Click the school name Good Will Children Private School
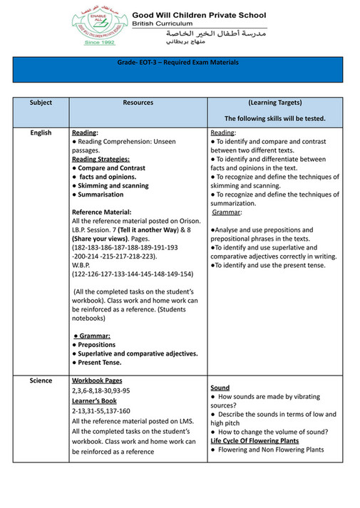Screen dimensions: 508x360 coord(200,14)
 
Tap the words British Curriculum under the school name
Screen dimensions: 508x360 coord(163,24)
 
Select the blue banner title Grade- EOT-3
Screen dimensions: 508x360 coord(178,63)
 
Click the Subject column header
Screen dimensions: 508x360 coord(41,103)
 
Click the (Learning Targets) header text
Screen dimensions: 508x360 coord(274,103)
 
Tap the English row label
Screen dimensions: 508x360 coord(41,133)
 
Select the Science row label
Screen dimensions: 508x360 coord(41,380)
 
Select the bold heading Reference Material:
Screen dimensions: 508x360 coord(102,212)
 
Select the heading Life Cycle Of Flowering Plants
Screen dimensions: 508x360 coord(254,441)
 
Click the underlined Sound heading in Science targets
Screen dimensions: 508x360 coord(220,388)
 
